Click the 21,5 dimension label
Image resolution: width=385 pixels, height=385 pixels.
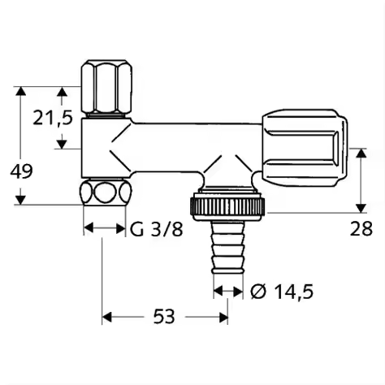pos(53,118)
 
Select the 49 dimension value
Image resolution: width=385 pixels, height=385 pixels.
pos(21,171)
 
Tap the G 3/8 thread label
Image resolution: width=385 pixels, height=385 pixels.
pos(157,230)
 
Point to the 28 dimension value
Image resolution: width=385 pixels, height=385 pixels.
pos(361,229)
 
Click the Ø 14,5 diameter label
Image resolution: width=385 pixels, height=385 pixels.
pos(282,292)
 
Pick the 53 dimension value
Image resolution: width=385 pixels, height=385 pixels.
pos(164,317)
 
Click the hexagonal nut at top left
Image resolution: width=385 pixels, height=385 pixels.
pos(107,87)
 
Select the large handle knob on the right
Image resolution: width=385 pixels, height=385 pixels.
pos(305,149)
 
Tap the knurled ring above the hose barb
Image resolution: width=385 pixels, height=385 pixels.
pos(228,206)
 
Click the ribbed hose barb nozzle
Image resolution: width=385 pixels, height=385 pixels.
pos(228,248)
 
